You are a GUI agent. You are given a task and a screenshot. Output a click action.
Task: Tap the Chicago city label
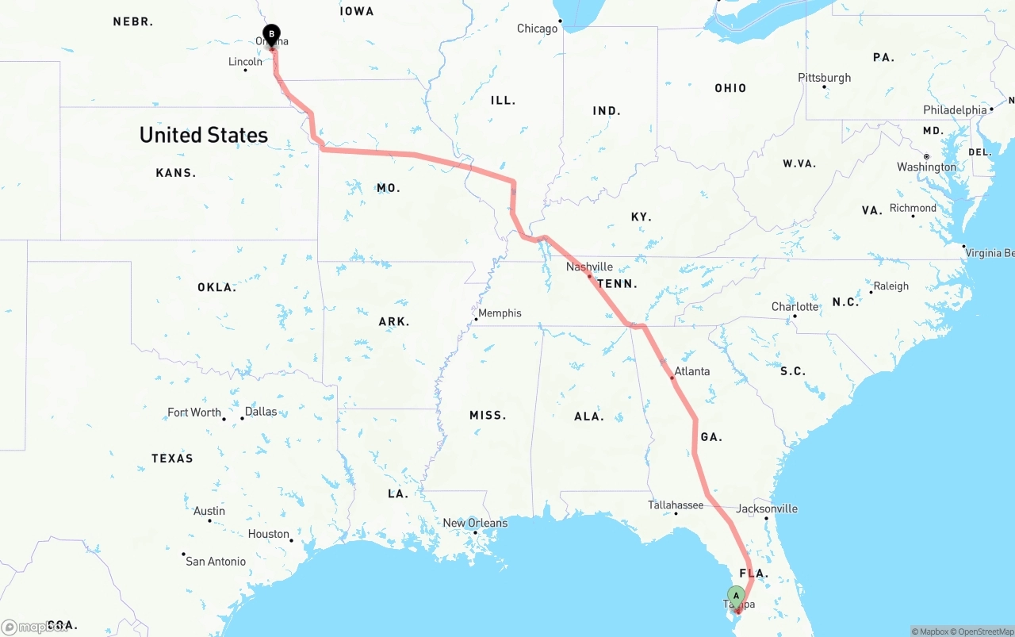538,29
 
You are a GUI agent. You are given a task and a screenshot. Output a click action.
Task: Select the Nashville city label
589,267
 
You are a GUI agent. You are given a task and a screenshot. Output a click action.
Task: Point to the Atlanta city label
692,371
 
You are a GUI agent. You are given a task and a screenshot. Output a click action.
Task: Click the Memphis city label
500,313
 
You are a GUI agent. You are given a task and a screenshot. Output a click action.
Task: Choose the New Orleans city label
475,523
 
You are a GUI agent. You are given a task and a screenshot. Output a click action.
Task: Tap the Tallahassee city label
676,505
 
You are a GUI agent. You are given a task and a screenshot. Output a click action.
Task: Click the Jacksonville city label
767,508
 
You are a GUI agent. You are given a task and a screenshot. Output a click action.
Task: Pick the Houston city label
269,534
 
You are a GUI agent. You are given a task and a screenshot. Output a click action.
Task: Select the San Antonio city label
216,561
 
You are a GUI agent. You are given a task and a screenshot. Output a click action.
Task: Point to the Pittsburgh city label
825,78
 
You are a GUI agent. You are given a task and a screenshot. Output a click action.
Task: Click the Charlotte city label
795,306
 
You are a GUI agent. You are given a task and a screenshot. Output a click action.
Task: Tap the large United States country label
204,135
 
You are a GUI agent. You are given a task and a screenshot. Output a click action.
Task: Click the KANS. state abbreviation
176,173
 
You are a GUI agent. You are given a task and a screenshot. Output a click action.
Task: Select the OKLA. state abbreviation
216,287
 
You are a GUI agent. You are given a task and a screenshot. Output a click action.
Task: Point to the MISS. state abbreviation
487,415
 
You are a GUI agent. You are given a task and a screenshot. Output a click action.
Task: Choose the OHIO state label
730,88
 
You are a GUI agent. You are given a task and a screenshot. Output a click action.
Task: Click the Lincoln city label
245,62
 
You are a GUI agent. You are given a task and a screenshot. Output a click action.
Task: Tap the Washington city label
926,167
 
